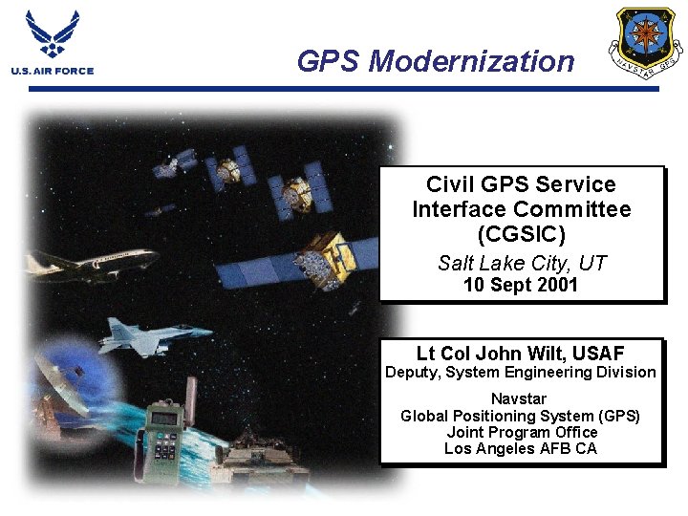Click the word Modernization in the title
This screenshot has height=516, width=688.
tap(471, 61)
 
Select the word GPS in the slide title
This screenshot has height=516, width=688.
tap(328, 61)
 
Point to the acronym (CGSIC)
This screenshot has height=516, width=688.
tap(521, 233)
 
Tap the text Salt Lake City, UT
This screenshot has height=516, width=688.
tap(522, 263)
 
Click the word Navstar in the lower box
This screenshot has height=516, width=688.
tap(519, 398)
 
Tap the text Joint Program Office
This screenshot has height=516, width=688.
tap(521, 432)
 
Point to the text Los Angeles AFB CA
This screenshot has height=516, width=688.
tap(521, 448)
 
